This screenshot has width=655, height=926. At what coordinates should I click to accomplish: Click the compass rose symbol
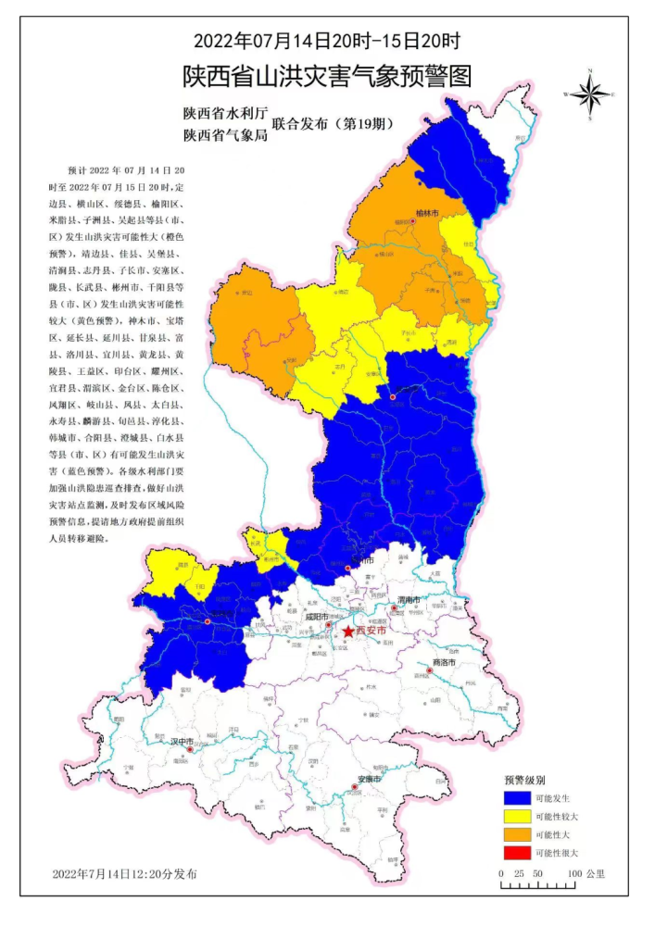[x=589, y=94]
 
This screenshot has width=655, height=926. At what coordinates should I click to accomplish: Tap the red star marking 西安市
[x=346, y=632]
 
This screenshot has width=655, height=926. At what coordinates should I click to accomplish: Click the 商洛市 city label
[x=446, y=663]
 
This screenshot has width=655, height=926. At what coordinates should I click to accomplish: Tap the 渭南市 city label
[x=408, y=600]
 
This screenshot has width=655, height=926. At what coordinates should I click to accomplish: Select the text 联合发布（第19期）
[x=331, y=123]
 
